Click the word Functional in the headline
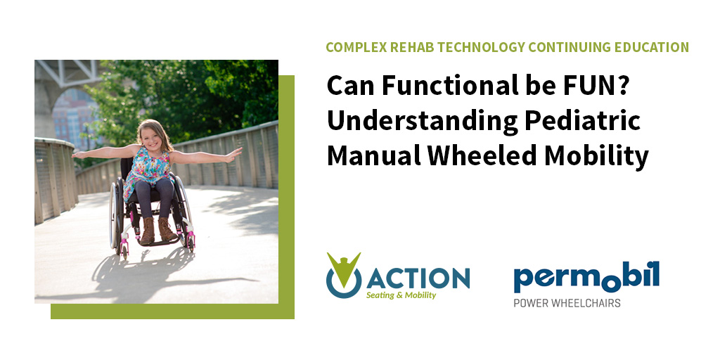437,87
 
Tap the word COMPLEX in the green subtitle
355,48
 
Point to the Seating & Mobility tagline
401,295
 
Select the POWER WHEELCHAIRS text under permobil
567,304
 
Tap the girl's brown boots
157,230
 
